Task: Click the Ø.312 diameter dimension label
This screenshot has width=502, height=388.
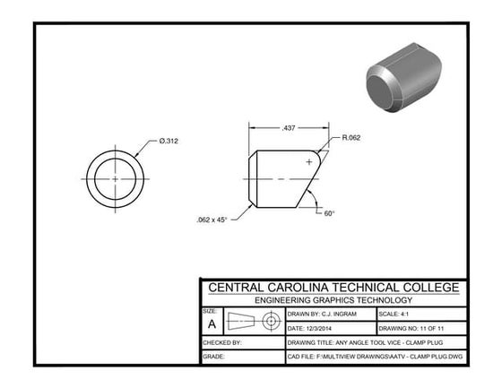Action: coord(169,141)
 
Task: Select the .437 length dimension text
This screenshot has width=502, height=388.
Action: coord(289,128)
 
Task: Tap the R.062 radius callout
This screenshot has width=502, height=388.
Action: coord(351,138)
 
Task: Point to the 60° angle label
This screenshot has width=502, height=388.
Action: coord(329,213)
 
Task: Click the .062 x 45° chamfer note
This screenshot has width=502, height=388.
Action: coord(212,219)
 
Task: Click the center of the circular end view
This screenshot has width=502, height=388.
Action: coord(116,178)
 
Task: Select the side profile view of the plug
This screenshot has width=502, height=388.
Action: coord(282,178)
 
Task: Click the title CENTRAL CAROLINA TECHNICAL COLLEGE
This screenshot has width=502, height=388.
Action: coord(333,288)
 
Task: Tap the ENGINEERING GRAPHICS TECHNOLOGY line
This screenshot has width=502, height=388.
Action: coord(333,300)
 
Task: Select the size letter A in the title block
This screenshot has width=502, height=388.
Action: coord(212,324)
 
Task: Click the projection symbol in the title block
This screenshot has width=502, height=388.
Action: coord(253,322)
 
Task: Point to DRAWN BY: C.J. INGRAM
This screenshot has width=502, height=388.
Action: coord(323,315)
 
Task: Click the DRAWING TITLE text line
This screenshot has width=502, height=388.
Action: coord(368,342)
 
